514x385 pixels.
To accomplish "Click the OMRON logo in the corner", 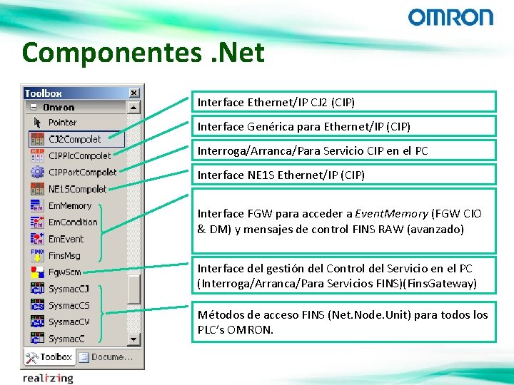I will (450, 17).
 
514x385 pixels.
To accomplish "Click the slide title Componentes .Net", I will (143, 52).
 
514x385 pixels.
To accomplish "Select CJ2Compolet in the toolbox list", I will (74, 139).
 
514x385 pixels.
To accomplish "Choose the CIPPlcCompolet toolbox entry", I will (79, 155).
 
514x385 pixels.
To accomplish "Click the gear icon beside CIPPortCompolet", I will (37, 172).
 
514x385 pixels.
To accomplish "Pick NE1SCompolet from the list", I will (76, 189).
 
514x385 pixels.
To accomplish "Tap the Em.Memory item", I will (69, 205).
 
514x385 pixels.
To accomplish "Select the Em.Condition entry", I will (72, 222).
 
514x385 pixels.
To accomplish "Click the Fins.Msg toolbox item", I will (64, 255).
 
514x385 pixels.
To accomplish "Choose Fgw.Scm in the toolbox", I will (64, 272).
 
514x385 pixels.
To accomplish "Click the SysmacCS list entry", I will (69, 305).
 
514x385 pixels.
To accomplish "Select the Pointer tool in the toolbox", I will (62, 123).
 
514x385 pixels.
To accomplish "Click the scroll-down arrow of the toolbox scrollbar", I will (133, 338).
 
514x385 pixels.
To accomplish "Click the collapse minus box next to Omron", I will (33, 107).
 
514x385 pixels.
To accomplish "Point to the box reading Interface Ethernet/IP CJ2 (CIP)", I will (343, 102).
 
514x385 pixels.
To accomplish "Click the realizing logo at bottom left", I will (47, 378).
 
